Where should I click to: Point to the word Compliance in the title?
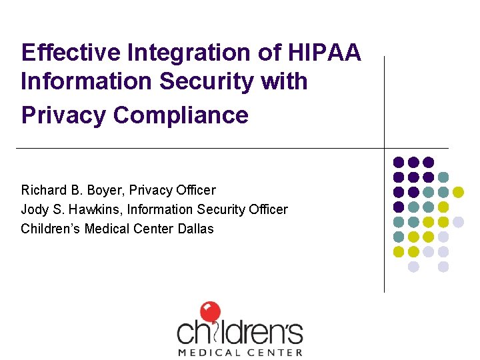pyautogui.click(x=181, y=115)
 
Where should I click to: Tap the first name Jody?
pyautogui.click(x=34, y=210)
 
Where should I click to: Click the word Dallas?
pyautogui.click(x=196, y=229)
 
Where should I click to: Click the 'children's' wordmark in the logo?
pyautogui.click(x=239, y=331)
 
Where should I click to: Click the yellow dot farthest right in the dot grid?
pyautogui.click(x=458, y=192)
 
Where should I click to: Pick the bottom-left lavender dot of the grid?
pyautogui.click(x=413, y=267)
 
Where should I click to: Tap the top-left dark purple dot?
pyautogui.click(x=399, y=162)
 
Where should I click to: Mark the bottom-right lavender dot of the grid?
pyautogui.click(x=443, y=267)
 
